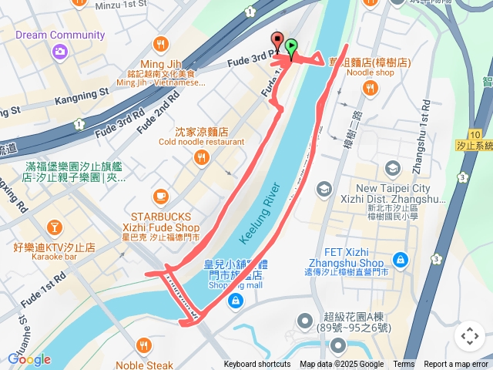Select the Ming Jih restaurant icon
(x=161, y=43)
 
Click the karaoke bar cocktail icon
(x=54, y=227)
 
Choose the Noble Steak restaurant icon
(x=144, y=345)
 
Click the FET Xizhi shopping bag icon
(x=400, y=260)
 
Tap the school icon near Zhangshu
(x=393, y=168)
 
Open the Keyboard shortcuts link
(x=257, y=365)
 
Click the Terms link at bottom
(x=404, y=365)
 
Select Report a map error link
(x=457, y=365)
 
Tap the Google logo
(x=29, y=359)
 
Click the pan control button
(x=470, y=336)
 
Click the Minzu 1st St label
(x=121, y=5)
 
